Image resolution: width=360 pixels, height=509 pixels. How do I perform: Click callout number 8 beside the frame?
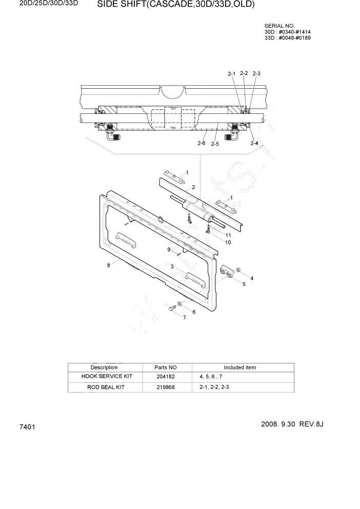click(109, 265)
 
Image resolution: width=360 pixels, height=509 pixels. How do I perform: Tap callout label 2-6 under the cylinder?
click(202, 144)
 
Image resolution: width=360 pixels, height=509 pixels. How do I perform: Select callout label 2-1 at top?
click(231, 74)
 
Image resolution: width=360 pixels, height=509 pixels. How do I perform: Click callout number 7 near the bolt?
click(185, 318)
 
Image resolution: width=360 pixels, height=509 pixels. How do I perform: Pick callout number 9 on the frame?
click(168, 249)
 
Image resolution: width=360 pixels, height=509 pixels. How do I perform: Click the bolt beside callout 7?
click(172, 308)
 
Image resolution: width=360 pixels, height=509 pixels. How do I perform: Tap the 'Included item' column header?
click(239, 367)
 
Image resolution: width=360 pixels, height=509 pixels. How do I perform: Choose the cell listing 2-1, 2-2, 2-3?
click(214, 387)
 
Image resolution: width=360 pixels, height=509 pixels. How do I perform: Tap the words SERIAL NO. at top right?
click(280, 26)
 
